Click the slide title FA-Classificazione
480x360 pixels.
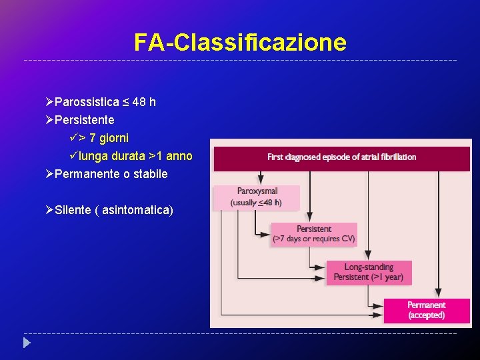point(240,43)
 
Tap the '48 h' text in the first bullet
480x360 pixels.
point(144,102)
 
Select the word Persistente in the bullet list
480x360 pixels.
point(85,120)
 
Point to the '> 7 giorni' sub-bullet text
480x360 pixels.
point(103,138)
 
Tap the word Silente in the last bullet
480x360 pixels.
point(73,210)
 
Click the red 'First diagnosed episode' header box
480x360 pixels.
point(341,157)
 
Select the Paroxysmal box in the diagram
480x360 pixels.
point(257,197)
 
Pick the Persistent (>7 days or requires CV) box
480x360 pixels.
point(314,234)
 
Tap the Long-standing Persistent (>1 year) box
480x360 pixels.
point(369,272)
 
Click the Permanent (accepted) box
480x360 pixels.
point(427,310)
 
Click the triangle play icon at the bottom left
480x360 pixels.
point(27,344)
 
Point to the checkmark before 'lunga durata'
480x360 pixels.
point(73,156)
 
